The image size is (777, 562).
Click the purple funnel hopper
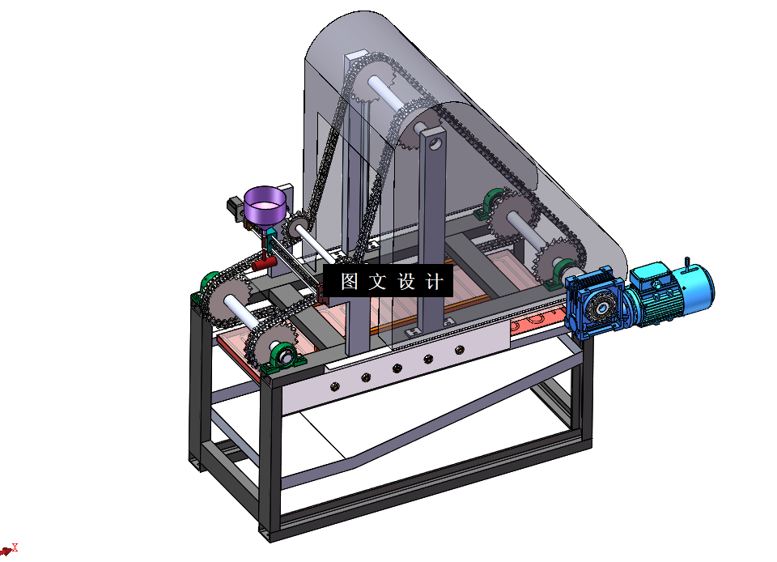[x=265, y=207]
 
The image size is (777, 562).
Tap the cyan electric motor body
[x=674, y=293]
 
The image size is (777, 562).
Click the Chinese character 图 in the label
[x=350, y=281]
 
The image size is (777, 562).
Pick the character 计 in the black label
[x=434, y=281]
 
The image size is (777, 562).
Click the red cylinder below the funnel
[x=264, y=262]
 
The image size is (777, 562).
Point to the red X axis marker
[x=15, y=547]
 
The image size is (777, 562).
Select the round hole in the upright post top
[x=435, y=143]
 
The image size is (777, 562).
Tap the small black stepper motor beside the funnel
[x=235, y=208]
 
